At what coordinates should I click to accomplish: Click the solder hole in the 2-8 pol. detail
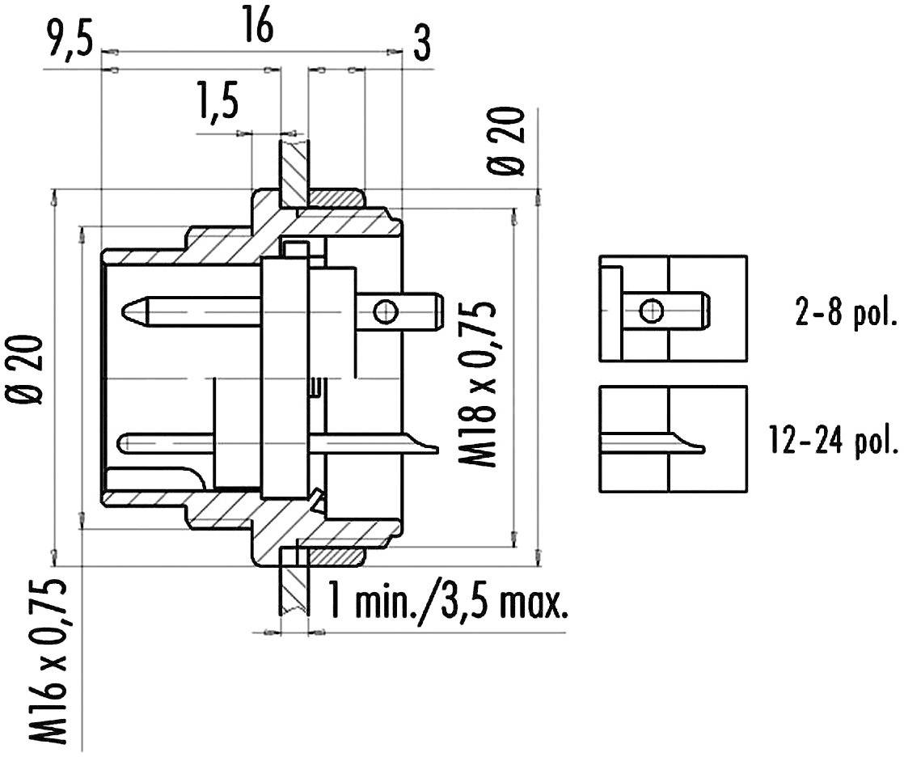pos(650,309)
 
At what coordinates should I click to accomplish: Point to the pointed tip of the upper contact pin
pos(126,310)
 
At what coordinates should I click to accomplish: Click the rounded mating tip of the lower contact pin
pos(123,442)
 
